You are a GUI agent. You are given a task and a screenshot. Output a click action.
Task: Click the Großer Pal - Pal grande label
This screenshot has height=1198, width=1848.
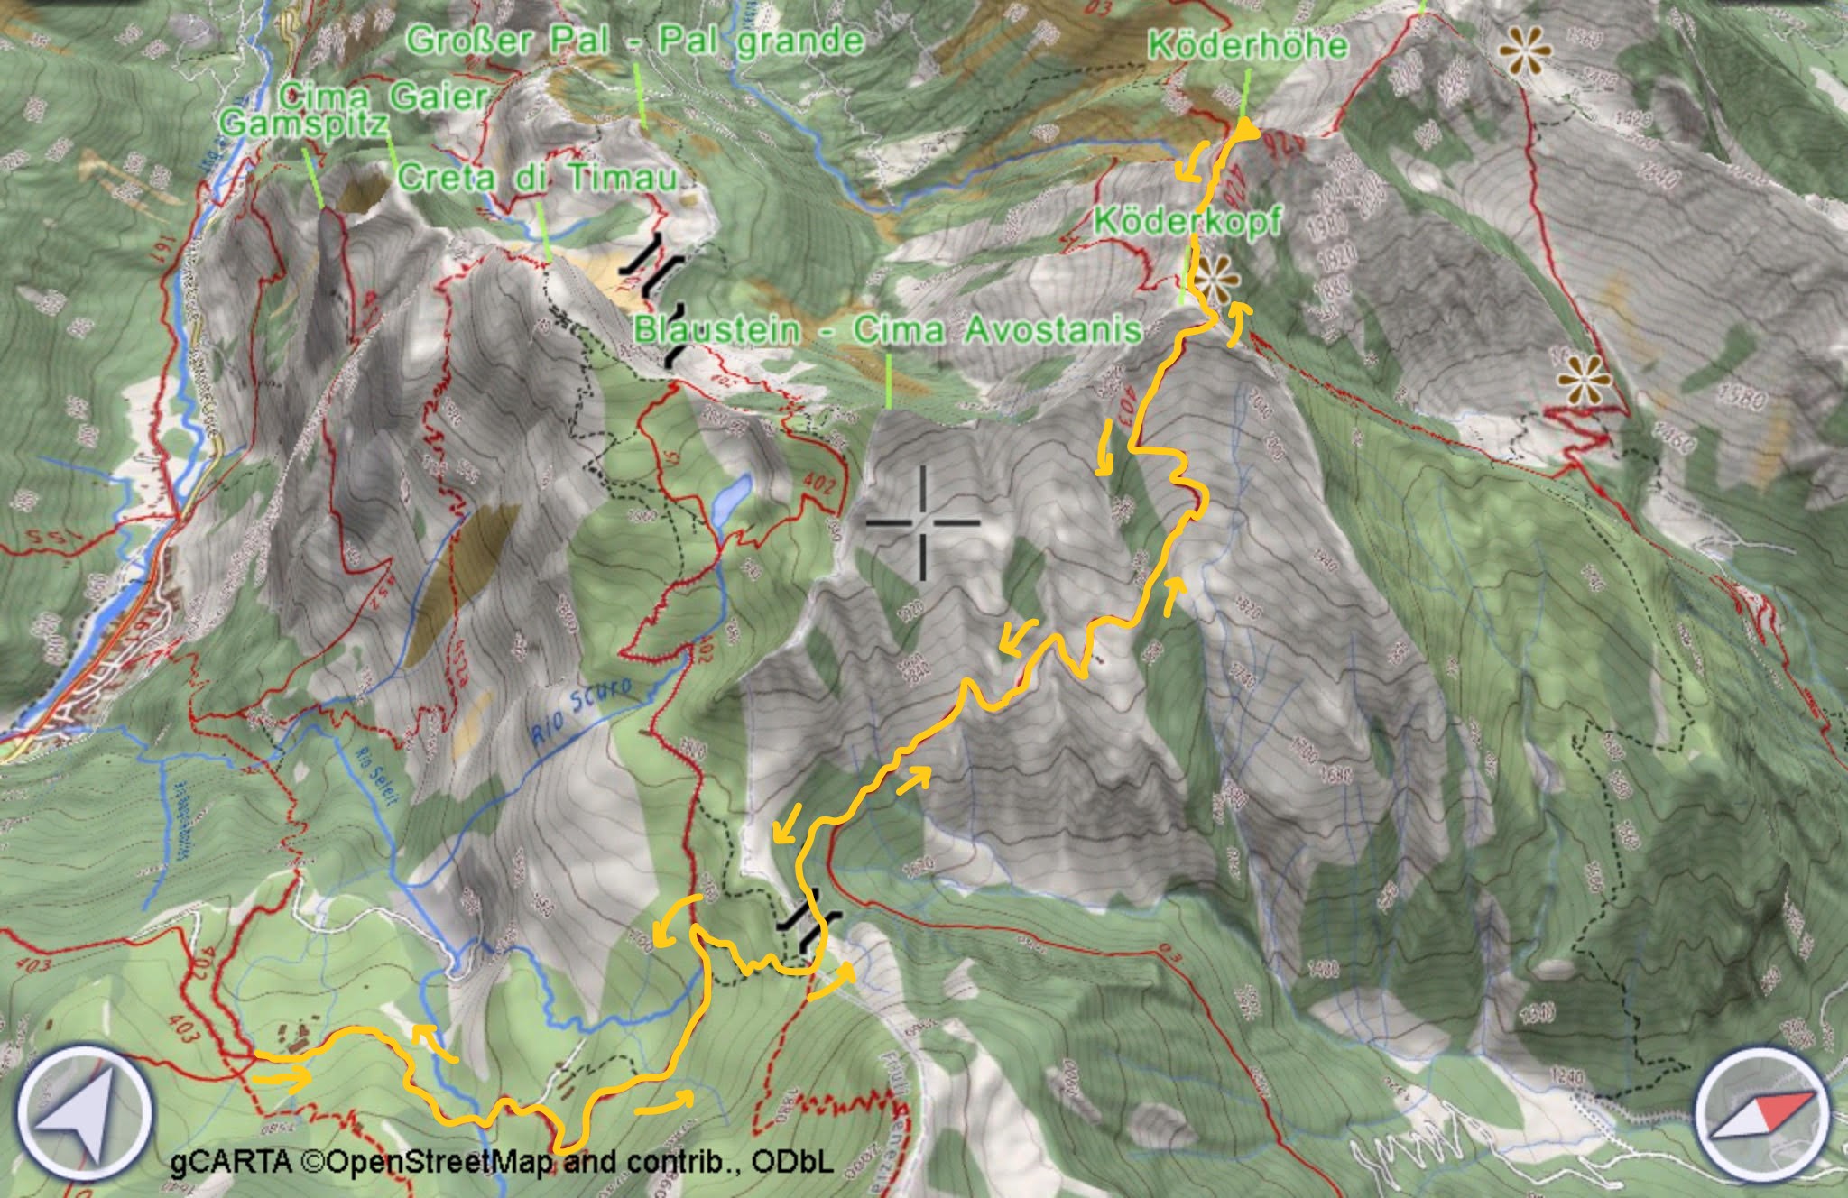point(634,41)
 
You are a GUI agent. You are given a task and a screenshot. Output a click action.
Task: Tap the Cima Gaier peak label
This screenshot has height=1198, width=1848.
point(383,97)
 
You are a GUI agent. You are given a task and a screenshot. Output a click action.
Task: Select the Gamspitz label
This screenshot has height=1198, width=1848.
point(304,124)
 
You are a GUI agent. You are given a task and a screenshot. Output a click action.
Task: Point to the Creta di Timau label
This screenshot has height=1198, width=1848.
point(537,178)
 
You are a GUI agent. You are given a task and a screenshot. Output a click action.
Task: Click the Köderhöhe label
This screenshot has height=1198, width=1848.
point(1248,45)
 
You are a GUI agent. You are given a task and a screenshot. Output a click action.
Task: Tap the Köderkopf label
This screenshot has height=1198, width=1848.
point(1187,221)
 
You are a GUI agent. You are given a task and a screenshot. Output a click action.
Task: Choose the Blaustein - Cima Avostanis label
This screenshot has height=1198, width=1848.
point(888,330)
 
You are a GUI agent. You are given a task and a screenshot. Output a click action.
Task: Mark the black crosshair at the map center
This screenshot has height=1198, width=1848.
point(923,522)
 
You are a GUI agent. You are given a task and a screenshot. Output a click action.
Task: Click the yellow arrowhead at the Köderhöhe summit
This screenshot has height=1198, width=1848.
point(1246,132)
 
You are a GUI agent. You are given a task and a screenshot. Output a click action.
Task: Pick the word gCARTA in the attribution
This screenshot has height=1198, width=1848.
point(231,1163)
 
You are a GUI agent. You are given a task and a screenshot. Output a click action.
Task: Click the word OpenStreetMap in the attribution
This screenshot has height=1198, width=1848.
point(440,1163)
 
